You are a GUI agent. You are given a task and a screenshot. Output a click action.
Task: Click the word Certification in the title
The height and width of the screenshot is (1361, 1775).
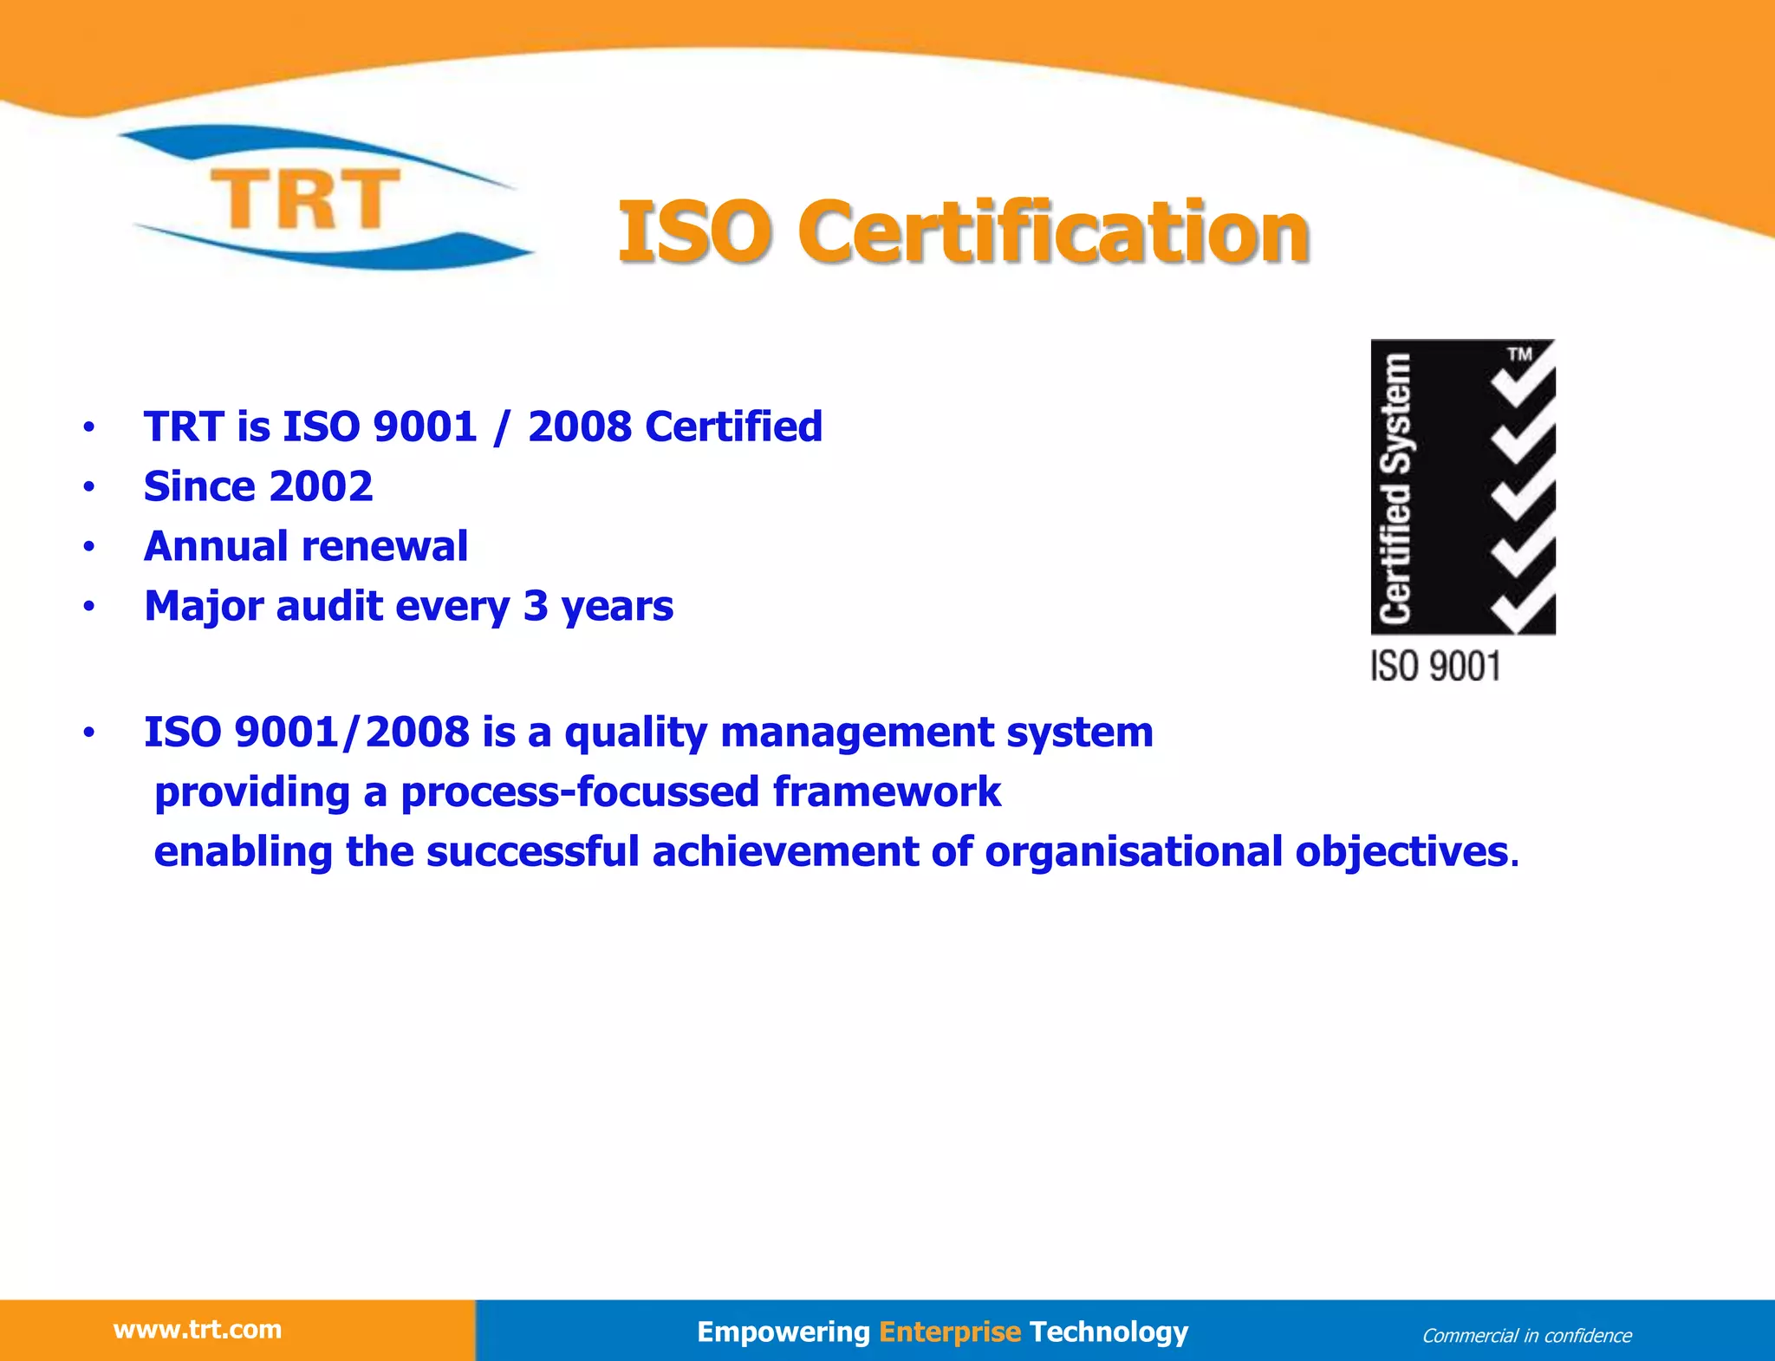(x=1052, y=231)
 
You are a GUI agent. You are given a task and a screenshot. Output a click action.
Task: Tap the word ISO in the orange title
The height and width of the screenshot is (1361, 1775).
(x=694, y=231)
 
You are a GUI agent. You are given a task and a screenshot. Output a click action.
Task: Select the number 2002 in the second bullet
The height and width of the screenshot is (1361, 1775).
(x=320, y=486)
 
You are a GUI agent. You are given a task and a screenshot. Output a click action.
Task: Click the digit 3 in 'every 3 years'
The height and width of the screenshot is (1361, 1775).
(x=536, y=606)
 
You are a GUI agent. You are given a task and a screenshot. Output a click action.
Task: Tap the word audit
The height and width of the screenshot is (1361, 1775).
(x=328, y=606)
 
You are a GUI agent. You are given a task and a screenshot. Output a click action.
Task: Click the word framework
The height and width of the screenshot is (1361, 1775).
(x=887, y=791)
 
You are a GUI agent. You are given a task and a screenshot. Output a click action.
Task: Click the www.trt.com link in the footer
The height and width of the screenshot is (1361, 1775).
(x=198, y=1330)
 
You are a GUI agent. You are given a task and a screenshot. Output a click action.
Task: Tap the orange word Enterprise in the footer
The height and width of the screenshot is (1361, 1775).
(x=950, y=1332)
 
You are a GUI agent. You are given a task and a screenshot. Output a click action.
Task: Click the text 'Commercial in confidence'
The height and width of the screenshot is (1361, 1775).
(x=1526, y=1336)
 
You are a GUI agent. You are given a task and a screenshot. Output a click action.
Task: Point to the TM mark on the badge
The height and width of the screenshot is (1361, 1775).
(x=1519, y=354)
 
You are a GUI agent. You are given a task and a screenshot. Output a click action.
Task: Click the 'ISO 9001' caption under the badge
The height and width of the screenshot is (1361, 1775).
(x=1434, y=667)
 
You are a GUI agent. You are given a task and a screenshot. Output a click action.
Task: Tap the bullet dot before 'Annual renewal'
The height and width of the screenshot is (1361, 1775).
(x=88, y=547)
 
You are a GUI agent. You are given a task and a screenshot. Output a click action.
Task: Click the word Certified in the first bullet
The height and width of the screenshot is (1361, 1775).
(x=733, y=427)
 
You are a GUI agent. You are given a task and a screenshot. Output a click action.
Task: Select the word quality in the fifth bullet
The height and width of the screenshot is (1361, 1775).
(x=635, y=733)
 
